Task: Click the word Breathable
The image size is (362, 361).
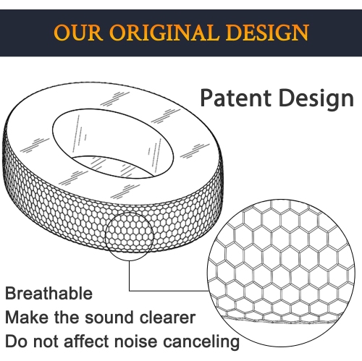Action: tap(49, 294)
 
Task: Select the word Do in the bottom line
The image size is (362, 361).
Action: tap(16, 341)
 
